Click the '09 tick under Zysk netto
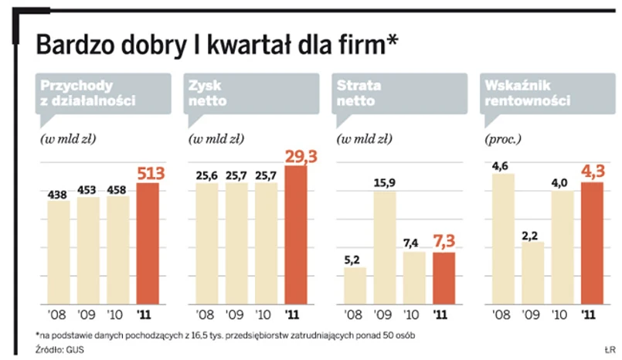(236, 314)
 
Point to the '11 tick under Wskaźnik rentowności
(590, 314)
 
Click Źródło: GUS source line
(60, 349)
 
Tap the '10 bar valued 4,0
(562, 247)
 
